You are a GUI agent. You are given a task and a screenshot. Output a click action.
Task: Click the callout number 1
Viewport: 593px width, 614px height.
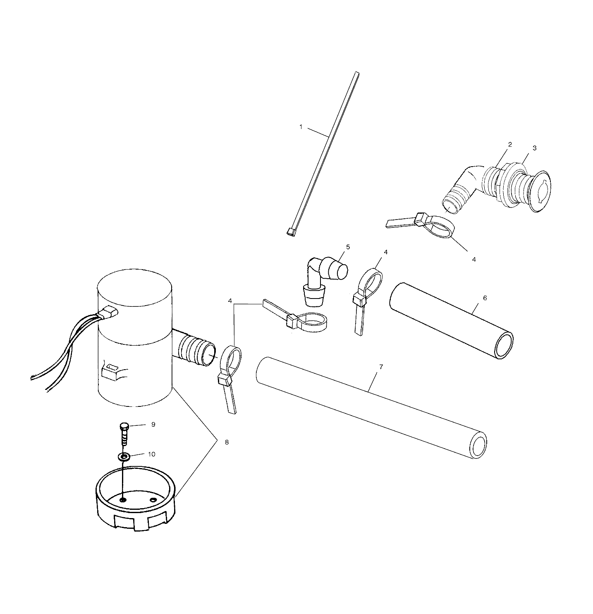301,127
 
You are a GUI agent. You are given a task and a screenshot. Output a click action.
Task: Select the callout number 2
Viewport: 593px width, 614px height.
510,144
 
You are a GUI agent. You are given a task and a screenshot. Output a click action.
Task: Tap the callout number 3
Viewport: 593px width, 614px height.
534,148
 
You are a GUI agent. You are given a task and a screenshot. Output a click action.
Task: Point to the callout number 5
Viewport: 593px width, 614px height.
348,247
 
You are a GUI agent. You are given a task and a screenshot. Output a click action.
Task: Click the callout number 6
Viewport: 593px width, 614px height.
485,298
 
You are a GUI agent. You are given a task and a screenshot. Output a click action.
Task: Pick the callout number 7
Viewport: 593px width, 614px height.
381,367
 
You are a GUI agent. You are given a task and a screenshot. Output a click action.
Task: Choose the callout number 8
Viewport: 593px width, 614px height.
227,442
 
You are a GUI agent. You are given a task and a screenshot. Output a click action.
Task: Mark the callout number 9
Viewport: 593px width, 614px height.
153,425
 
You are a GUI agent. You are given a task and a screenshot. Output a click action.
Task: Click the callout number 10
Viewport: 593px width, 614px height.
152,454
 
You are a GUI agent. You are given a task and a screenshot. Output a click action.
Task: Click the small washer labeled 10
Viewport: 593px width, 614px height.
124,457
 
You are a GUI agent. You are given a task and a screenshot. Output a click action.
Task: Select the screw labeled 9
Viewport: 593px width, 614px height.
124,433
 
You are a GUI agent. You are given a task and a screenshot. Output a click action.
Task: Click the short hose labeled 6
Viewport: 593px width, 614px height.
451,320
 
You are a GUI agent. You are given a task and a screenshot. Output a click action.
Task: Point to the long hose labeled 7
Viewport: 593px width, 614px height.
370,407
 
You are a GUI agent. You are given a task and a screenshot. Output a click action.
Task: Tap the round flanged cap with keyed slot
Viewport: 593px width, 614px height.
540,194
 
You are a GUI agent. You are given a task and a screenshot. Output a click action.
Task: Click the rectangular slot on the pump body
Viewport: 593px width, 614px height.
112,366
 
